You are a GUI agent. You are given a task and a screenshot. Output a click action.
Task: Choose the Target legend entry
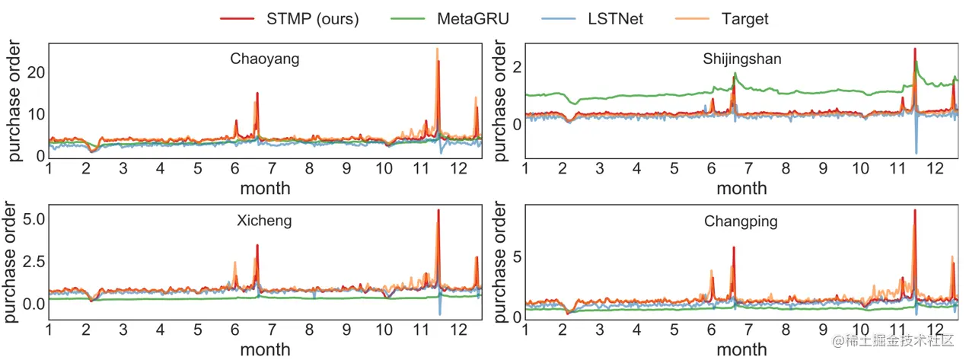coord(744,18)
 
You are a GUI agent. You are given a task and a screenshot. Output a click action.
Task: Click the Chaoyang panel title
coord(264,59)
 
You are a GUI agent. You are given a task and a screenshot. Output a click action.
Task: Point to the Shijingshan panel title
coord(741,59)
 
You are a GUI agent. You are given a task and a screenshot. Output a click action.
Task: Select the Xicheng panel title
coord(264,221)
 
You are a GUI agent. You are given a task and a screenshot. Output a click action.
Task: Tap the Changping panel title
coord(741,221)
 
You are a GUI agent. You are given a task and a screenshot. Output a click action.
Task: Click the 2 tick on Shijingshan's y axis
coord(515,66)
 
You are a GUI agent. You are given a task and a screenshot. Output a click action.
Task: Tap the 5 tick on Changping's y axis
coord(515,256)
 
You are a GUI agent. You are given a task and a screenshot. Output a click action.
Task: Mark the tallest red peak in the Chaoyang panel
coord(438,62)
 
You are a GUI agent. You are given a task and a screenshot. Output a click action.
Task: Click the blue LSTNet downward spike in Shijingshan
coord(916,151)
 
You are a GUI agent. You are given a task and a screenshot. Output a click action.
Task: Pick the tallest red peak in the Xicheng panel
coord(438,211)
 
